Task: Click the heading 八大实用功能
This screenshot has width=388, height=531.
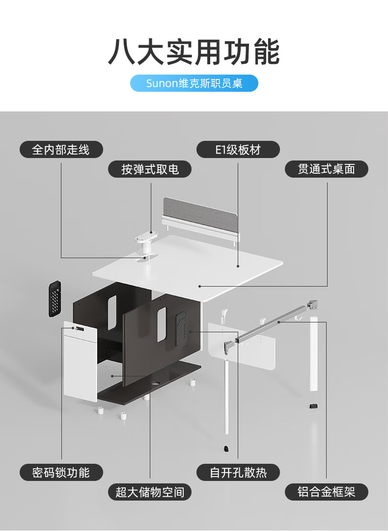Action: [x=194, y=53]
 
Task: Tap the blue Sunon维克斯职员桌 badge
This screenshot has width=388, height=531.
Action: [x=194, y=83]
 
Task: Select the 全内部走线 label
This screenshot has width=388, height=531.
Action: [x=61, y=150]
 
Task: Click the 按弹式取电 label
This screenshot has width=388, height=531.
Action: [x=150, y=169]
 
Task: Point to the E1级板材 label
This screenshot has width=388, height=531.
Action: [x=238, y=150]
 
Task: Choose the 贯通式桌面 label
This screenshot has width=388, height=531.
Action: [x=326, y=169]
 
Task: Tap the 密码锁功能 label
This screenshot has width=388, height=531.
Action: [x=61, y=473]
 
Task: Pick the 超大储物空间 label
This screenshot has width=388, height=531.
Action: [x=150, y=492]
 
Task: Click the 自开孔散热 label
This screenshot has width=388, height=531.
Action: [x=238, y=473]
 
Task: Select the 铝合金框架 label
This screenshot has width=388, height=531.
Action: [x=326, y=492]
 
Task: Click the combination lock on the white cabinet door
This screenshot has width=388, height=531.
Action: [x=78, y=328]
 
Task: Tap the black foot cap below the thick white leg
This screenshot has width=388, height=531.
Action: [x=313, y=405]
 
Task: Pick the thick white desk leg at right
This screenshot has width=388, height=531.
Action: [x=313, y=353]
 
